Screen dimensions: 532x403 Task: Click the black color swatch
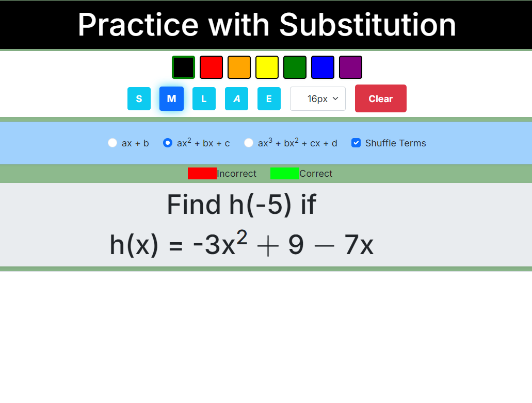click(x=183, y=67)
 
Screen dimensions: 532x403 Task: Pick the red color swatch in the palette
click(x=211, y=67)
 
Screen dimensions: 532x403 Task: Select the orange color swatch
click(x=239, y=67)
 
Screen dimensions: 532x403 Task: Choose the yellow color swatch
click(x=267, y=67)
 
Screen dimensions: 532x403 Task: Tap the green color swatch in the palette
click(x=295, y=67)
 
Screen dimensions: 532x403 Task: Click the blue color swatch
click(x=323, y=67)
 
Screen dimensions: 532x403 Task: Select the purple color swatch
click(x=350, y=67)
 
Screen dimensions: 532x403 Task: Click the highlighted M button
click(x=171, y=98)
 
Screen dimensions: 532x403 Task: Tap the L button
click(x=204, y=98)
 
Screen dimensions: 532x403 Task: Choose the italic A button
click(x=236, y=98)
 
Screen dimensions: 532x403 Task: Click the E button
click(x=269, y=98)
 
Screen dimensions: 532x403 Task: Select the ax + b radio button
click(x=112, y=143)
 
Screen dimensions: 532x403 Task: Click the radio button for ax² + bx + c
click(x=168, y=143)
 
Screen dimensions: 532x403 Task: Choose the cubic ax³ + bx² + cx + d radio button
click(x=248, y=143)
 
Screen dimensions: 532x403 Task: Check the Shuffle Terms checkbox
click(x=356, y=143)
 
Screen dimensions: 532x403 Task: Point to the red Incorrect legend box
click(x=202, y=173)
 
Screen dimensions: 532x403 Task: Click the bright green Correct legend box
click(x=285, y=173)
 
